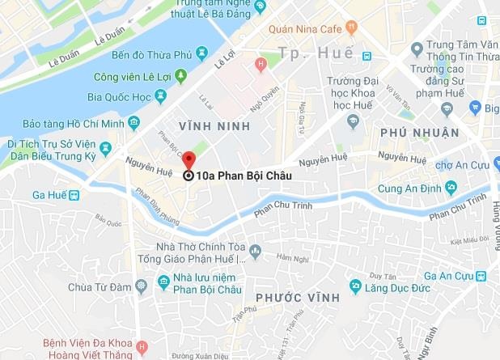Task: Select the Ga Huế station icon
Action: tap(74, 195)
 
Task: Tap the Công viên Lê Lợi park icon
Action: tap(182, 74)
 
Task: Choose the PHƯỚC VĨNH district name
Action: tap(289, 298)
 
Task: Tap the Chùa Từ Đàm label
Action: tap(100, 287)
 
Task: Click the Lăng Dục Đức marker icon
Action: tap(354, 286)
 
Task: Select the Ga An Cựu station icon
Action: tap(481, 276)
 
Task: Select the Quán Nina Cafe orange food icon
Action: tap(350, 25)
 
